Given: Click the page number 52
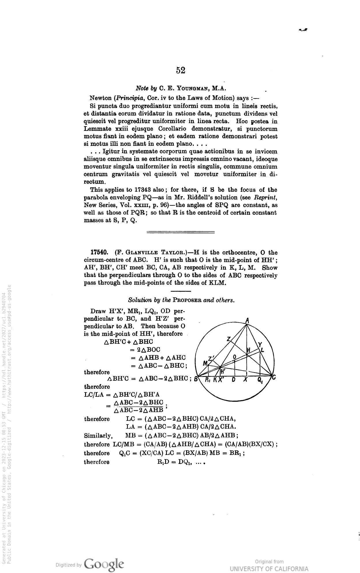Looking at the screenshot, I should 180,70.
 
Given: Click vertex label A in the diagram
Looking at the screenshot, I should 247,320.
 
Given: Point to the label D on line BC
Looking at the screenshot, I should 234,380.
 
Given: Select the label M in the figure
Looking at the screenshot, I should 205,363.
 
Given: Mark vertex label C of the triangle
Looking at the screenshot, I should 274,377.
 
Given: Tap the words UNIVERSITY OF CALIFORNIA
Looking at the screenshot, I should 269,569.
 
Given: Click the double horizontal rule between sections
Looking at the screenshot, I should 180,232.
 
